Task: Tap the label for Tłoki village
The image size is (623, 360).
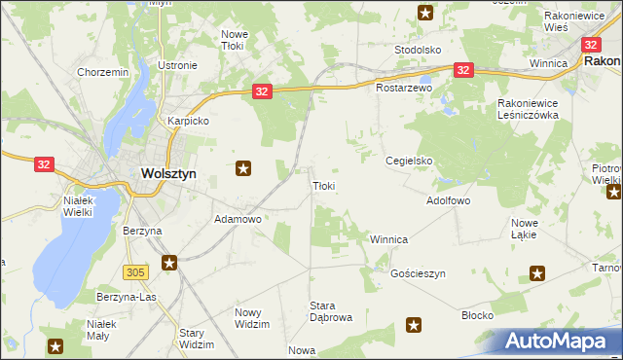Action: tap(324, 186)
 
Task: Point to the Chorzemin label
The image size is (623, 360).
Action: tap(103, 72)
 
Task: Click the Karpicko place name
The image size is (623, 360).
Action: tap(189, 122)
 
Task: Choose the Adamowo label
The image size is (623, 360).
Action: tap(238, 220)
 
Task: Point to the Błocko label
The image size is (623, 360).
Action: tap(478, 316)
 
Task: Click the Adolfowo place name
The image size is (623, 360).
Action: tap(449, 200)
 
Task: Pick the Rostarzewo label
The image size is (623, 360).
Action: tap(404, 88)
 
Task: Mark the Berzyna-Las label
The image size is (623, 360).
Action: tap(127, 296)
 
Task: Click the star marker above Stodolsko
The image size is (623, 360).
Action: tap(425, 13)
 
